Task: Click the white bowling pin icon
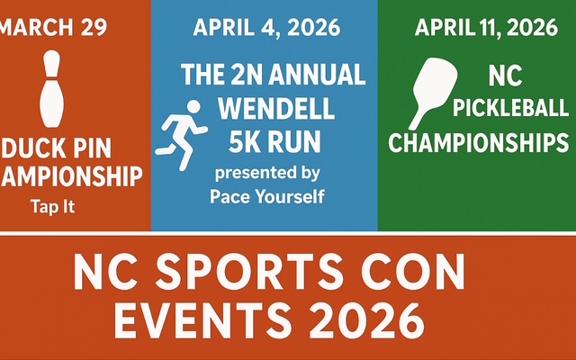pyautogui.click(x=52, y=89)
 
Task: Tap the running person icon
pyautogui.click(x=181, y=136)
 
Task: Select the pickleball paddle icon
pyautogui.click(x=434, y=94)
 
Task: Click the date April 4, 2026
pyautogui.click(x=266, y=27)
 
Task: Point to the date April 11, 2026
pyautogui.click(x=486, y=27)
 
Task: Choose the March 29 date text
pyautogui.click(x=53, y=27)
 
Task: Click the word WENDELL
pyautogui.click(x=276, y=108)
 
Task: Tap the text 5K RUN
pyautogui.click(x=274, y=141)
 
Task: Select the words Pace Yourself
pyautogui.click(x=267, y=196)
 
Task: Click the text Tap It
pyautogui.click(x=52, y=206)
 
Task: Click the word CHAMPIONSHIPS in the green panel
pyautogui.click(x=479, y=142)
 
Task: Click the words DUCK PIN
pyautogui.click(x=56, y=148)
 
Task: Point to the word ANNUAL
pyautogui.click(x=317, y=75)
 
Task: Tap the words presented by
pyautogui.click(x=267, y=174)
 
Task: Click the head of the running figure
pyautogui.click(x=193, y=106)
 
